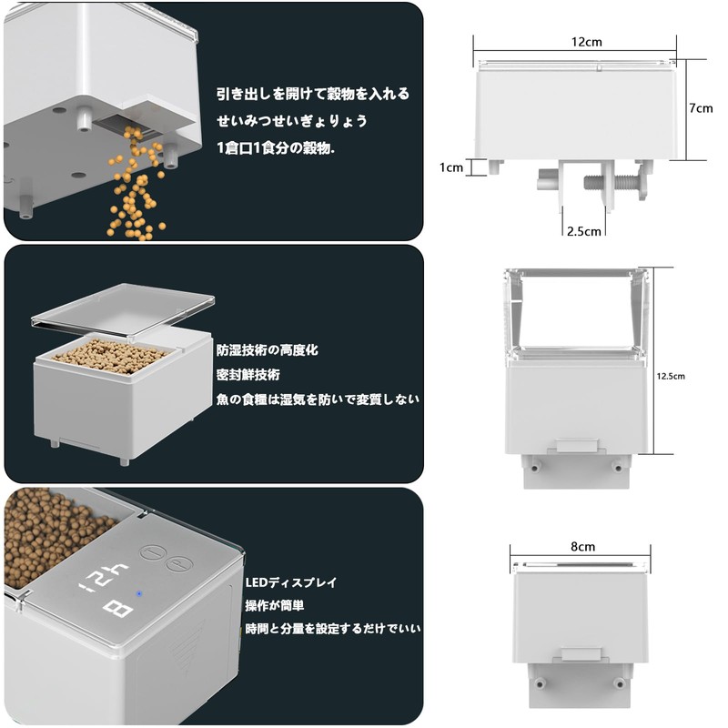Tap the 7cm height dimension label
701,107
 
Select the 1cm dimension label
451,167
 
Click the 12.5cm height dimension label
672,374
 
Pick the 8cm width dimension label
582,547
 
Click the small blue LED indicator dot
138,596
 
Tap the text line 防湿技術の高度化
268,349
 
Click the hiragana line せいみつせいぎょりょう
291,120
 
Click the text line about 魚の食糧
318,399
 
